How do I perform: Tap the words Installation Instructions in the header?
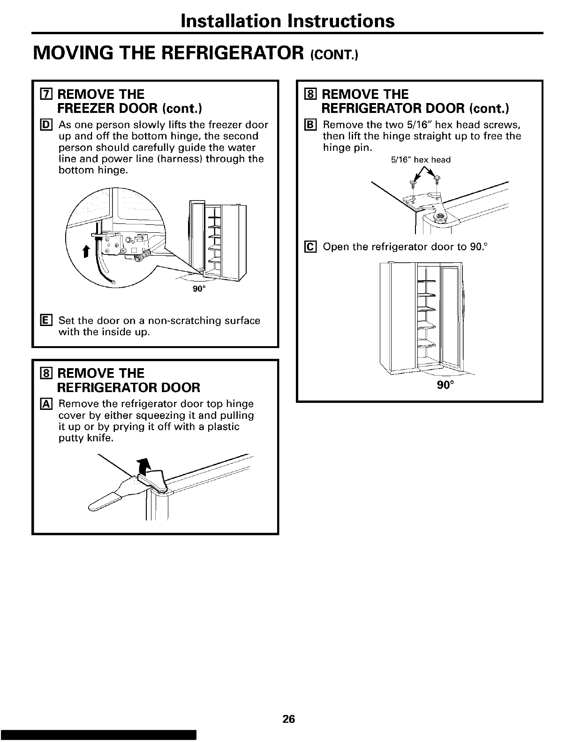[x=287, y=21]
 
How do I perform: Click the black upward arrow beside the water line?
[x=85, y=252]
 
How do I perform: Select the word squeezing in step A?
[x=162, y=416]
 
